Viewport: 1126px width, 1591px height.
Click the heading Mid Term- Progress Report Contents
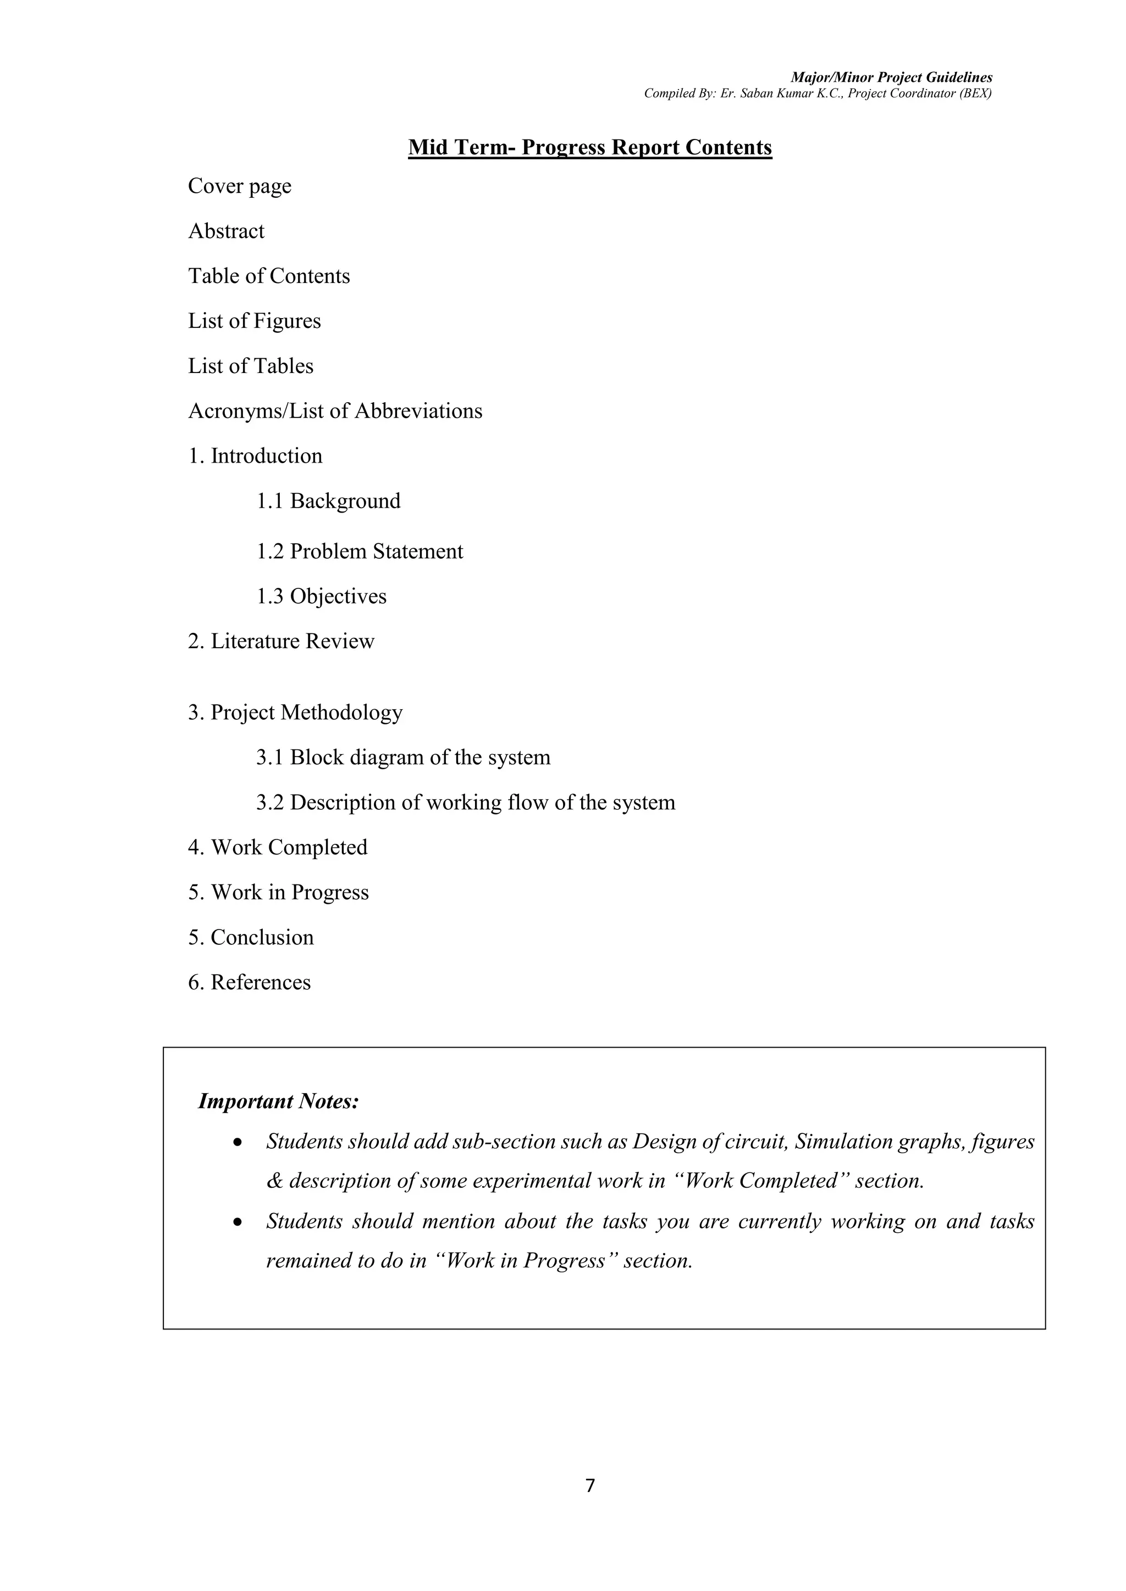point(589,148)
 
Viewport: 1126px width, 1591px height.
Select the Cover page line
point(239,186)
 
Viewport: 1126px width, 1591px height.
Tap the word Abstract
point(226,231)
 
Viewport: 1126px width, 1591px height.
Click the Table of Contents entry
point(269,276)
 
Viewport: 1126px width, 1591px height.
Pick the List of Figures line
point(255,321)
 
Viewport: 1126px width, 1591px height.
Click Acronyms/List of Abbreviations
point(335,411)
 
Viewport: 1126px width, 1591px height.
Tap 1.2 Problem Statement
point(359,552)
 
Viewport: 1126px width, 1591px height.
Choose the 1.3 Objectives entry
point(321,597)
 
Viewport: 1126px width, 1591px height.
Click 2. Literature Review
point(281,642)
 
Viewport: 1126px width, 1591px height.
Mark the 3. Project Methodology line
point(295,713)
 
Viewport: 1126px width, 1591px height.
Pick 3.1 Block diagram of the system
point(403,758)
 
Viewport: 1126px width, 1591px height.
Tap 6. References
point(249,983)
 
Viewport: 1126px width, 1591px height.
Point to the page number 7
point(590,1486)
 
